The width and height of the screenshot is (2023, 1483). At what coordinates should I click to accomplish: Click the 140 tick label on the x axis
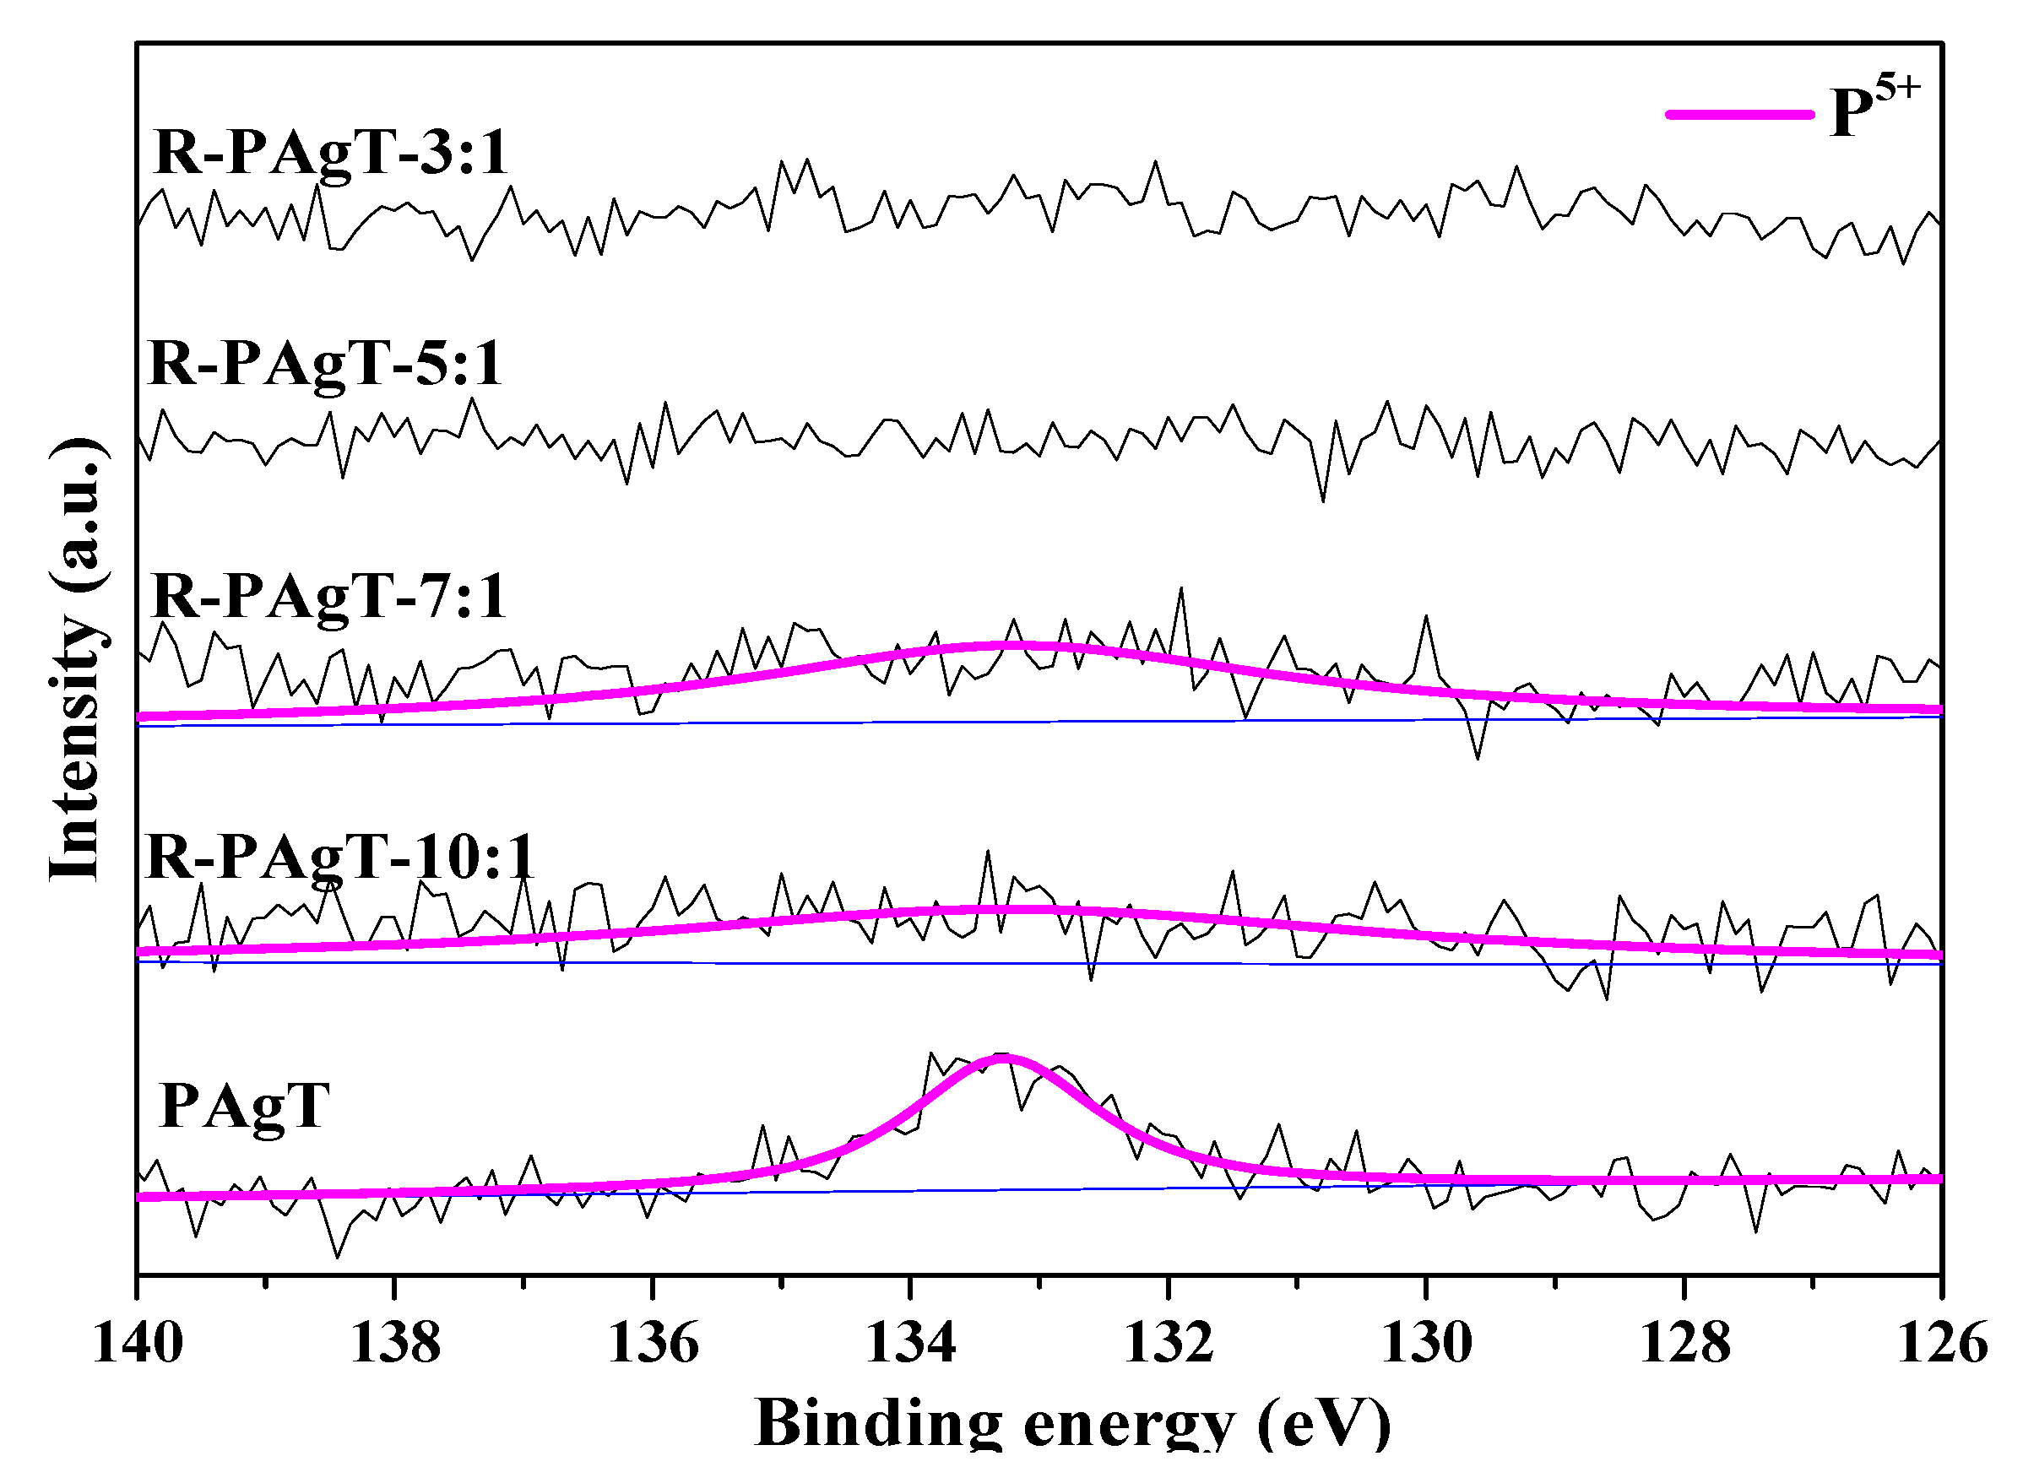(x=138, y=1344)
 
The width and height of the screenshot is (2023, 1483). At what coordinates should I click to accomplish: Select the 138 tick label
(x=395, y=1344)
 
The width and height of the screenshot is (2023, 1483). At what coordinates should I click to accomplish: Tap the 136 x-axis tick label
(x=653, y=1344)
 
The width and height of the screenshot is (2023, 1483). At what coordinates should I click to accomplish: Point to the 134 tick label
(x=910, y=1344)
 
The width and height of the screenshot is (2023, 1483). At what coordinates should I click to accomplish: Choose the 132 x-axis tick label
(x=1169, y=1344)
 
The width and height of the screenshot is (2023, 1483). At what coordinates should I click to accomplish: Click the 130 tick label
(x=1426, y=1344)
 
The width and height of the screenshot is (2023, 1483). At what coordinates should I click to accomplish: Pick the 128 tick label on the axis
(x=1684, y=1344)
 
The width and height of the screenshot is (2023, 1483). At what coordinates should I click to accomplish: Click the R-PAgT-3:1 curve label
(x=330, y=153)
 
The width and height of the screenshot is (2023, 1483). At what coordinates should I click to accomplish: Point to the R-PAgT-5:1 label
(x=325, y=365)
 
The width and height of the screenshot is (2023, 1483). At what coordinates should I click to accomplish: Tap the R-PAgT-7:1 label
(x=329, y=596)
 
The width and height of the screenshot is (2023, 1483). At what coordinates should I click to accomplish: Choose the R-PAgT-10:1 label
(x=339, y=857)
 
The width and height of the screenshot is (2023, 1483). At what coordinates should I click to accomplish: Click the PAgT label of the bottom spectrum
(x=244, y=1105)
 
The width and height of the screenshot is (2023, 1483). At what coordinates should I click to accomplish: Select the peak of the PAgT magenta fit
(x=1003, y=1057)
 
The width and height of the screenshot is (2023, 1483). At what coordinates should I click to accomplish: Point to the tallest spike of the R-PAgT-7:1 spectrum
(x=1180, y=589)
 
